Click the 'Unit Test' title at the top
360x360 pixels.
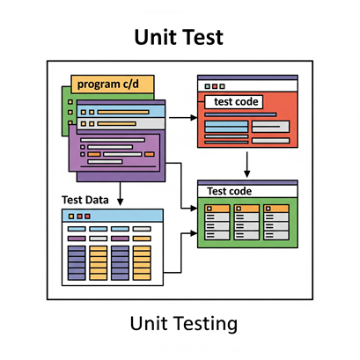point(179,37)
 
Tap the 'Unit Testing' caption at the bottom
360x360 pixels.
point(184,324)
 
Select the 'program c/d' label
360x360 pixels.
point(108,84)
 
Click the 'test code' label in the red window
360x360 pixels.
point(236,102)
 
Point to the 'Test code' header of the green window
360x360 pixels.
point(230,191)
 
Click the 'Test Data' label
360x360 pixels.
point(85,200)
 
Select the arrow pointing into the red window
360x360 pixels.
point(183,118)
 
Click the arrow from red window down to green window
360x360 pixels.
point(247,165)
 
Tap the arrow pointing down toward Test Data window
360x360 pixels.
point(120,194)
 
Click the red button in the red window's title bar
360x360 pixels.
point(215,86)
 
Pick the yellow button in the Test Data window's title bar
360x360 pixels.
point(71,217)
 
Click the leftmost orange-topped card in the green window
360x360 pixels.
point(217,222)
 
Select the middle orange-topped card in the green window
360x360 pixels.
point(246,222)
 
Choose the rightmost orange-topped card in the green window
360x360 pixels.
point(276,222)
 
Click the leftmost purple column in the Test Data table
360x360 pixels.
point(77,263)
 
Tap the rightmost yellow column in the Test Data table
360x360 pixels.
point(142,263)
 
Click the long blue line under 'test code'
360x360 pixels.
point(240,114)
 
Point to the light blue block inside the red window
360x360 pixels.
point(226,127)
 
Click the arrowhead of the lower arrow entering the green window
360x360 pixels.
point(194,233)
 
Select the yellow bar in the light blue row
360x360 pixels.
point(123,112)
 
